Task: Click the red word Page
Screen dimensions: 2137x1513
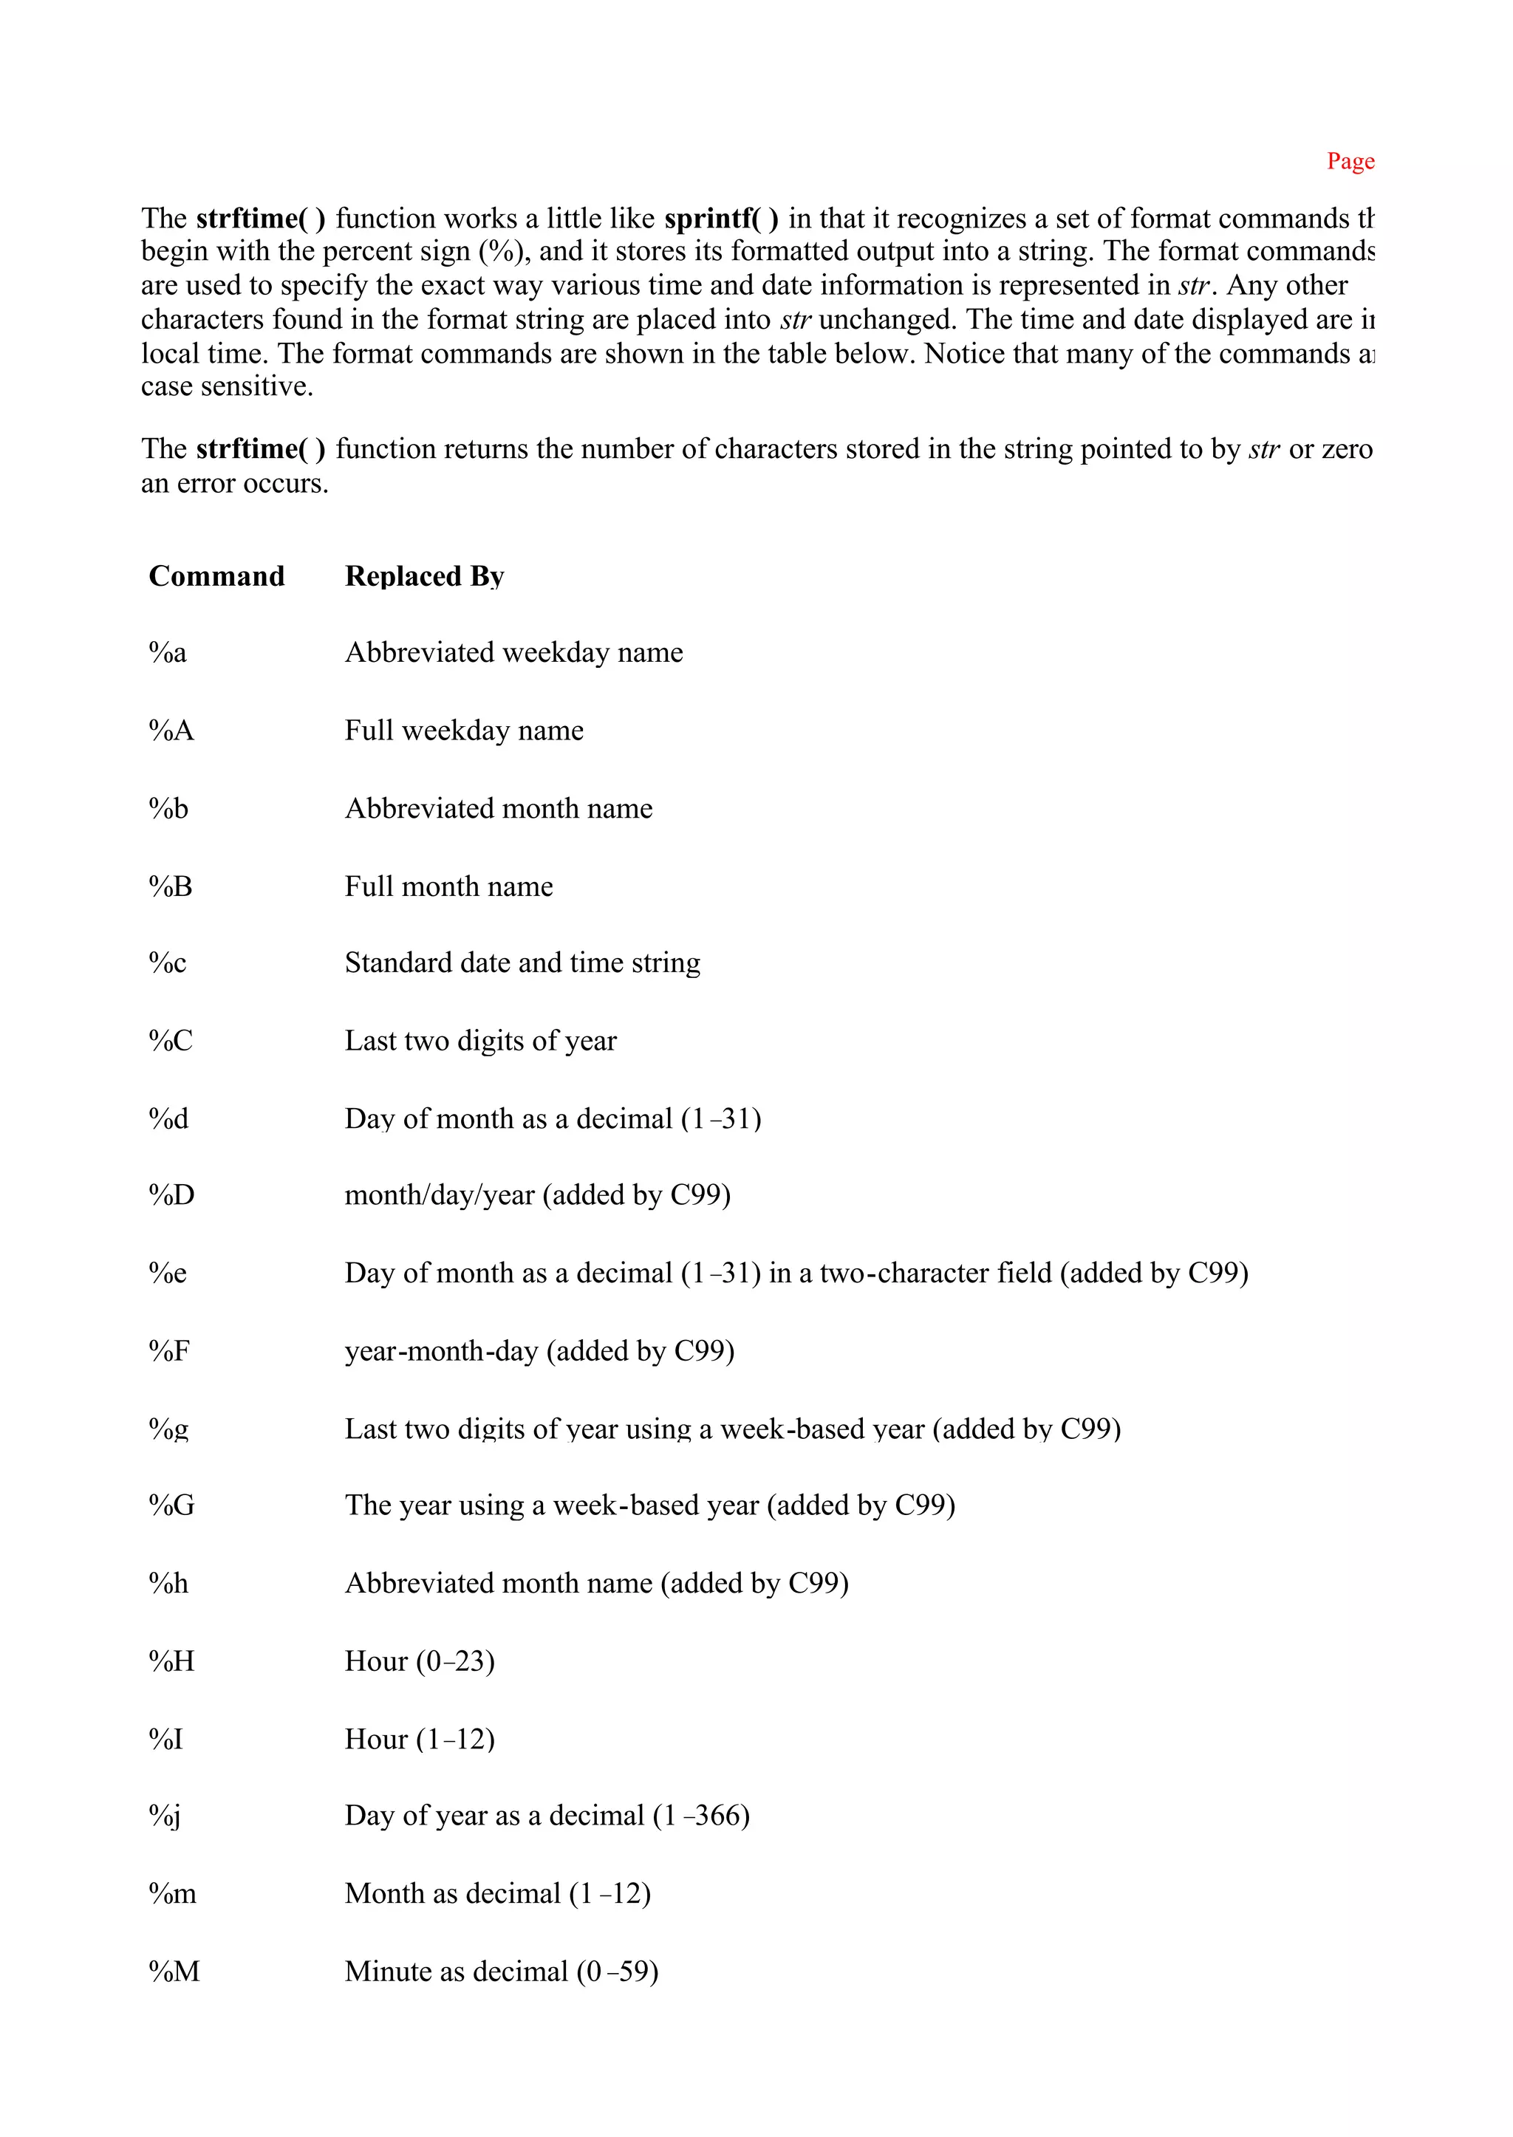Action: [x=1350, y=161]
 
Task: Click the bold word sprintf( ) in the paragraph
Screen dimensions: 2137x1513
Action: [x=721, y=218]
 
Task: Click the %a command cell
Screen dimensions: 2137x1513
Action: [x=168, y=652]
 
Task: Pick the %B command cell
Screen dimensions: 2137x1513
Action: [x=171, y=886]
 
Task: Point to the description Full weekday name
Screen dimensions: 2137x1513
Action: [x=464, y=731]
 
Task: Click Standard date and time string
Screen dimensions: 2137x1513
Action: [x=522, y=962]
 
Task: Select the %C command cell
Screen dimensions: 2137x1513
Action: [x=171, y=1041]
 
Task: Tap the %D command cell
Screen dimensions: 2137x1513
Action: [x=171, y=1195]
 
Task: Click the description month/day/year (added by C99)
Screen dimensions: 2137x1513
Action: [x=538, y=1195]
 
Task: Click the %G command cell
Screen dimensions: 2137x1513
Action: [x=171, y=1505]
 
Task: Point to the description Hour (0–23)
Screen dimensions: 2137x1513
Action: [x=419, y=1661]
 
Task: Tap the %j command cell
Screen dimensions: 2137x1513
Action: [x=165, y=1816]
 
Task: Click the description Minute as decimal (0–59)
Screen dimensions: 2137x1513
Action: [x=501, y=1972]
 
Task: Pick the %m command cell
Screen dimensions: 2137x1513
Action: [x=172, y=1894]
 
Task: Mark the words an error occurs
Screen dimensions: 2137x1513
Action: [x=235, y=484]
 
